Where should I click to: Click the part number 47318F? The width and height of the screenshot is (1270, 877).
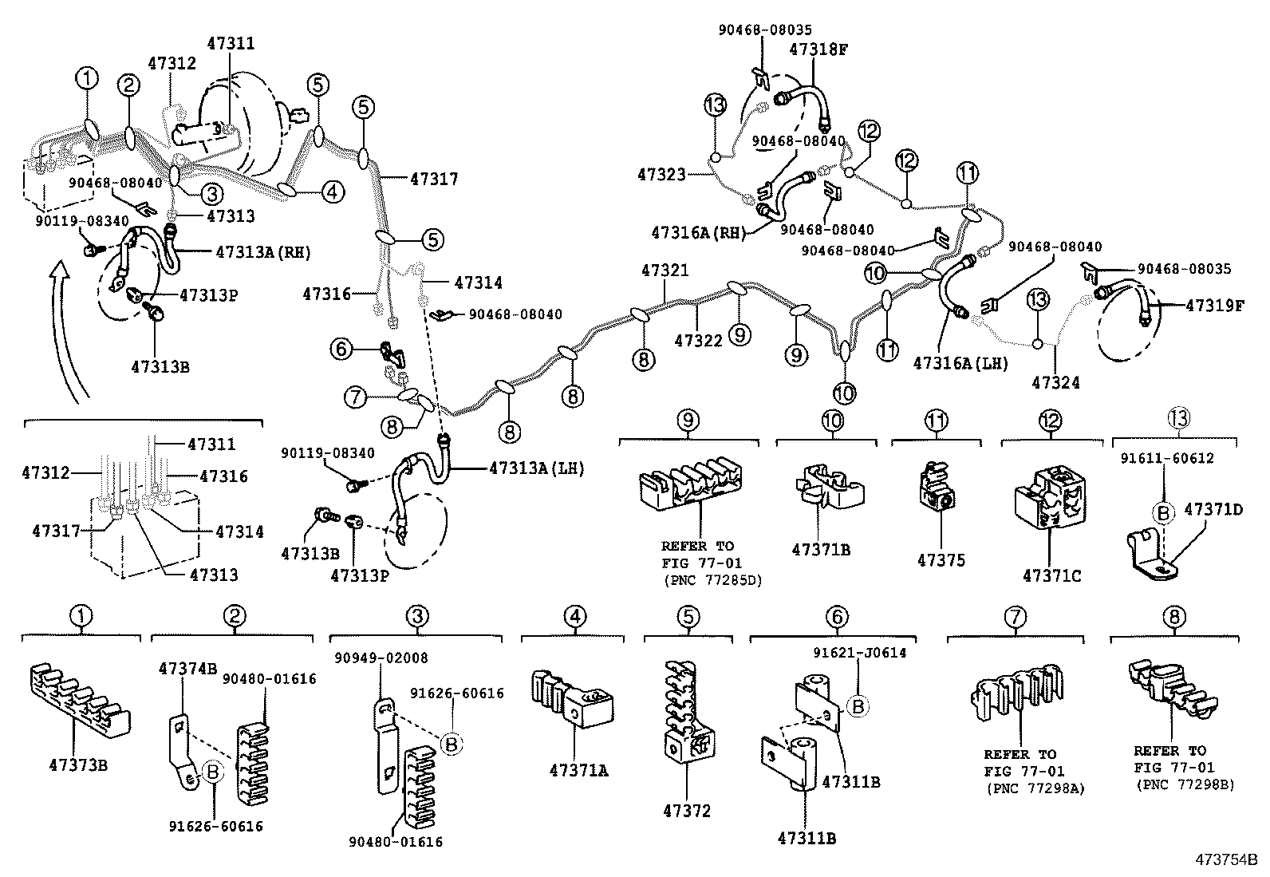[818, 49]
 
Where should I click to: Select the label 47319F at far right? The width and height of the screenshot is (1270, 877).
[1214, 306]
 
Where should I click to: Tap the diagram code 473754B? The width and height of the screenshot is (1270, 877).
[1225, 860]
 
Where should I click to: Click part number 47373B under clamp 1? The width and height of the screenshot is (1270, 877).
[79, 766]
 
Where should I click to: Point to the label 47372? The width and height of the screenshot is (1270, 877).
[686, 812]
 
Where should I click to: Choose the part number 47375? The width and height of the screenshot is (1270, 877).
[941, 560]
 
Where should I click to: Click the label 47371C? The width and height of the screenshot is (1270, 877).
[1051, 575]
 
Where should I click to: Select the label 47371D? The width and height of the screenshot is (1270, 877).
[1213, 508]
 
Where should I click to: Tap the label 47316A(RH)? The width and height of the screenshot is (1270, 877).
[698, 233]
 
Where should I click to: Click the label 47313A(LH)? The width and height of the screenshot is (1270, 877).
[536, 469]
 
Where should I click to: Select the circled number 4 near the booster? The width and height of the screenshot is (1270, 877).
[333, 191]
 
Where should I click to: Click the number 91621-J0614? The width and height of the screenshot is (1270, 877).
[860, 653]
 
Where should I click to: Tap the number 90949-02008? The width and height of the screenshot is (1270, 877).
[381, 658]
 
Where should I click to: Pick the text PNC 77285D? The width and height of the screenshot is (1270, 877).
[713, 580]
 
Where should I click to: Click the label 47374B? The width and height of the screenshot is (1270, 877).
[187, 668]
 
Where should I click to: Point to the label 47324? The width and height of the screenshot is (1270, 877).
[1055, 383]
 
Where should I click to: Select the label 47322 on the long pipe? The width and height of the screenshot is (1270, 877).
[698, 341]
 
